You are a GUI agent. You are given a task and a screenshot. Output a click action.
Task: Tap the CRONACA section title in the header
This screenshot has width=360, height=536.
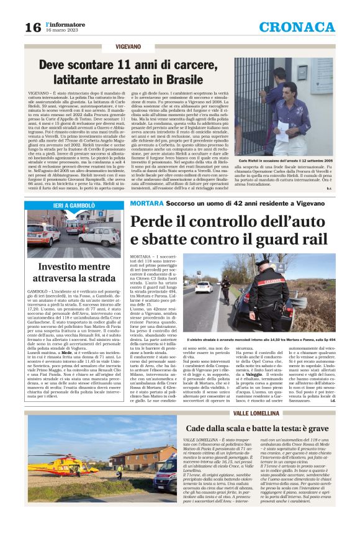coord(296,27)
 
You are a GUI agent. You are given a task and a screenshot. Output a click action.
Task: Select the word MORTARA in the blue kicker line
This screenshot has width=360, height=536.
coord(146,204)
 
